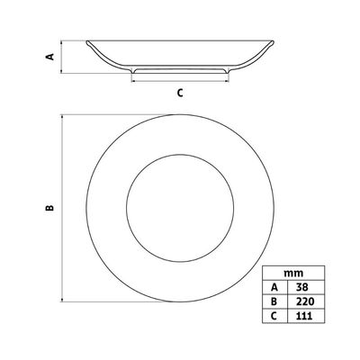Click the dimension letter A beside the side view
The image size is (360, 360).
(50, 57)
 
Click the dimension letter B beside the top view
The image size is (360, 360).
(49, 207)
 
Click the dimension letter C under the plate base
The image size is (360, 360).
(180, 93)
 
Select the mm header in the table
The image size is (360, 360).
(293, 273)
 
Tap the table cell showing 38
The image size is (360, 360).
(301, 287)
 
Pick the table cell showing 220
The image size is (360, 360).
(305, 301)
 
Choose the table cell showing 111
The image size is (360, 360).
(304, 316)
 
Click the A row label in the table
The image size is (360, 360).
(274, 287)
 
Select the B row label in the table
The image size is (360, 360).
(274, 301)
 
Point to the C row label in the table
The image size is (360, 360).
(274, 316)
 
